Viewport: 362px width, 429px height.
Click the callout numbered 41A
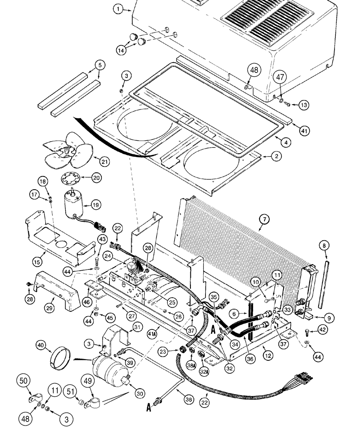151,330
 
